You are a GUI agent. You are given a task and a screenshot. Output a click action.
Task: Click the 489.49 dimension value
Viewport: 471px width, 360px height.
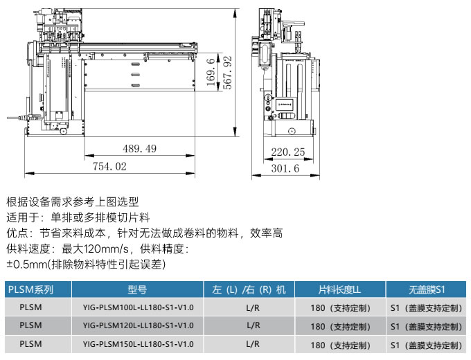(x=140, y=149)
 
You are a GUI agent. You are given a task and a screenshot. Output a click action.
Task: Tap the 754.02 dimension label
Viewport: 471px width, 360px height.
(x=109, y=166)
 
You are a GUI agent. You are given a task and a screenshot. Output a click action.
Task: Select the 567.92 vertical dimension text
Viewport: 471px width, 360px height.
(x=228, y=73)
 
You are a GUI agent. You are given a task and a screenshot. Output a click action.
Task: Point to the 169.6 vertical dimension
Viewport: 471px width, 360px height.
(x=211, y=72)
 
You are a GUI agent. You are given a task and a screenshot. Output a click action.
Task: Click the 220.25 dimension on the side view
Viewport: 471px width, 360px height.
(x=288, y=152)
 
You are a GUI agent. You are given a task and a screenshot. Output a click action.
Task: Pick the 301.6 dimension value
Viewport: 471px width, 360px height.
(x=285, y=168)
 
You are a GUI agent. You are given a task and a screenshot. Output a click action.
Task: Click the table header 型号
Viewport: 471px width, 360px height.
(x=137, y=289)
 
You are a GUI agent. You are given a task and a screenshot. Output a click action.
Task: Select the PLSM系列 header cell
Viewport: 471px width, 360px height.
(x=30, y=289)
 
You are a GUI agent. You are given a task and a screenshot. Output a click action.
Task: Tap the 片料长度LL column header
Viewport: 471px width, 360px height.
(x=339, y=289)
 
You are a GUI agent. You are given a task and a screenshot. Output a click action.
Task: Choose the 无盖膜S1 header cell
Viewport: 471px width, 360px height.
(x=427, y=289)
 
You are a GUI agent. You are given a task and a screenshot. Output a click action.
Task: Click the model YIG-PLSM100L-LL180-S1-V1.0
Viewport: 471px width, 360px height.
(x=138, y=307)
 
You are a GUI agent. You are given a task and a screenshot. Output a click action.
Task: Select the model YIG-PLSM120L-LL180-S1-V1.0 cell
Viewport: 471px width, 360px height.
(x=138, y=325)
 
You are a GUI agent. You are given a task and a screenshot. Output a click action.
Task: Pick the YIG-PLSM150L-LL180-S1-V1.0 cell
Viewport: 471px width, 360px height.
(x=138, y=344)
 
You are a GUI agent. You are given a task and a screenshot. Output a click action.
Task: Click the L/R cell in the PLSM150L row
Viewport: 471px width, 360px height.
(x=253, y=344)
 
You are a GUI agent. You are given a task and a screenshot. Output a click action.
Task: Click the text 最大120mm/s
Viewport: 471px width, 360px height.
(x=95, y=249)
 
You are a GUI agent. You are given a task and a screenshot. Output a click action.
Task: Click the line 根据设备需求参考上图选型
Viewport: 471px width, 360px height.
(x=73, y=201)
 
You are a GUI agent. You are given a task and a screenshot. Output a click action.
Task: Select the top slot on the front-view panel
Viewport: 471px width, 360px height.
(x=136, y=64)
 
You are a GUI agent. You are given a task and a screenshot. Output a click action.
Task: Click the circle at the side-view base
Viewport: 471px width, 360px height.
(x=292, y=132)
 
